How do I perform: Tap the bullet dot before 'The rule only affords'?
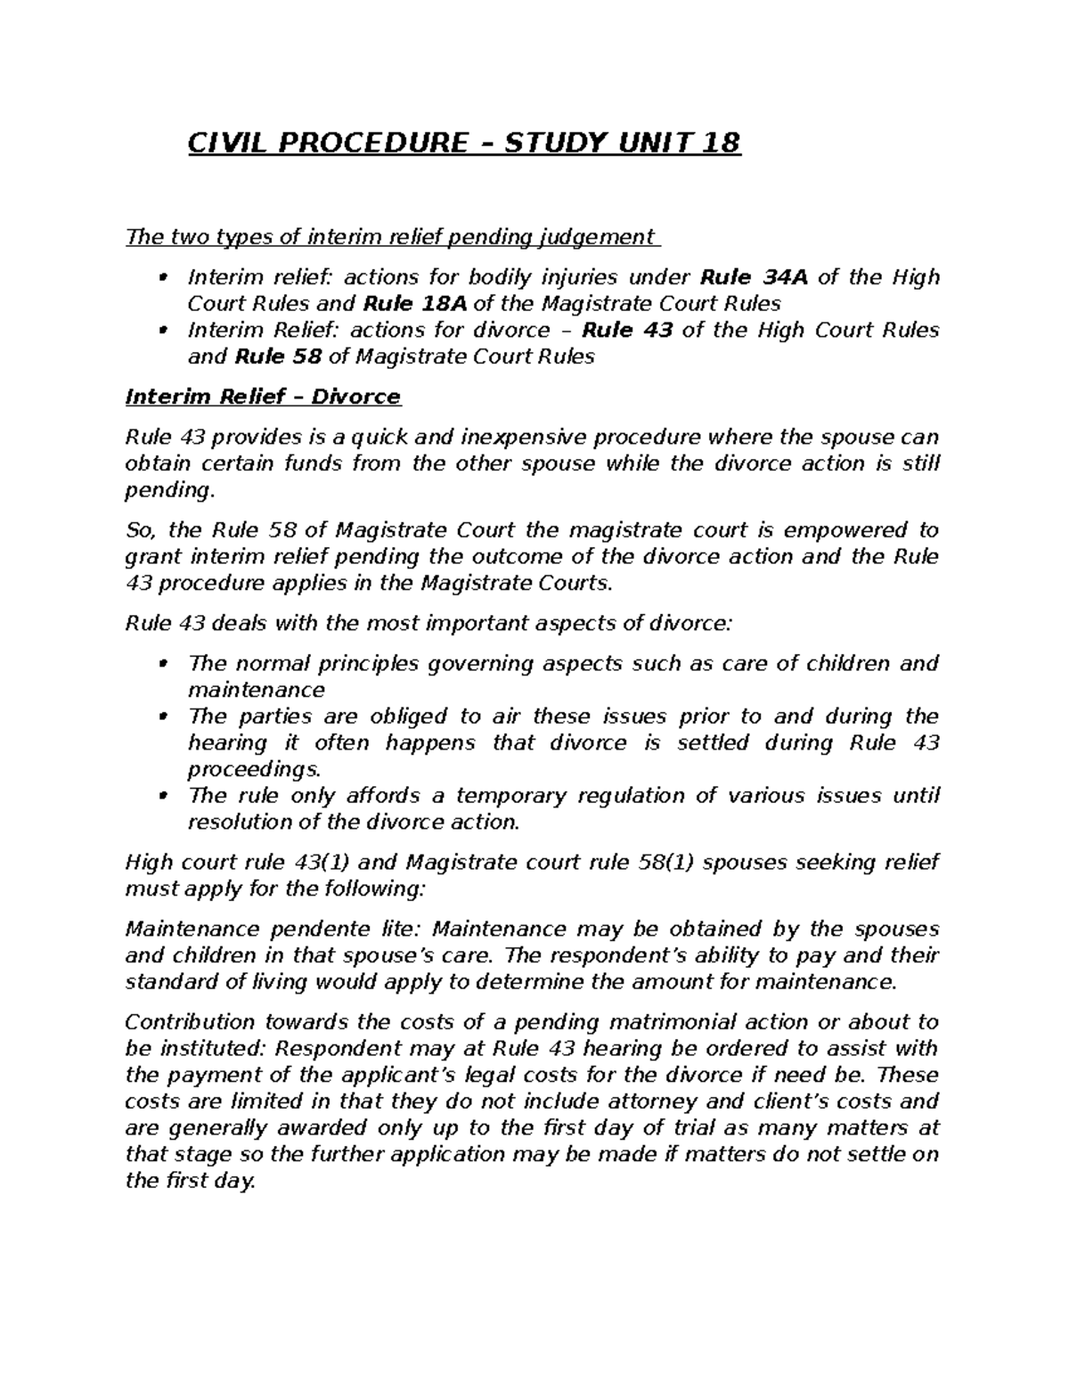tap(161, 796)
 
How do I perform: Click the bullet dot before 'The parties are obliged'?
tap(161, 717)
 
